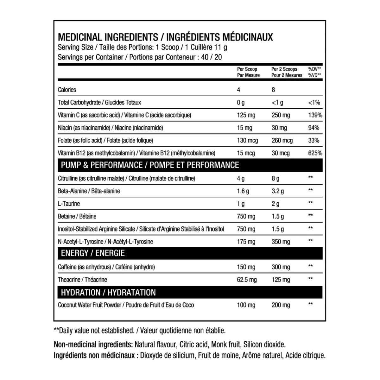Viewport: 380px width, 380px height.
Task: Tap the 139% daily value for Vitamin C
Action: (315, 115)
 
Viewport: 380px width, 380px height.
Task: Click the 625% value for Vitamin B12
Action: (315, 153)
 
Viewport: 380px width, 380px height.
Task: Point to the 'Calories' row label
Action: (67, 90)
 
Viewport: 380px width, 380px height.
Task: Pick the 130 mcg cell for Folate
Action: (247, 141)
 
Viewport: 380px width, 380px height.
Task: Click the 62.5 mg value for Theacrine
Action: (247, 280)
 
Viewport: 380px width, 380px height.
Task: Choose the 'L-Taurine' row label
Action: (69, 204)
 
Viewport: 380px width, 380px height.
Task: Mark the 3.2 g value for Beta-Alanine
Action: (278, 191)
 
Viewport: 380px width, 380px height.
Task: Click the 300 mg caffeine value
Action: (281, 267)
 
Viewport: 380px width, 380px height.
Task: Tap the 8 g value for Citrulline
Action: (275, 179)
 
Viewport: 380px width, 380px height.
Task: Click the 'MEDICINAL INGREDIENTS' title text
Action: (108, 37)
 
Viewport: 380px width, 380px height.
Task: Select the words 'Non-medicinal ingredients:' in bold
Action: (93, 345)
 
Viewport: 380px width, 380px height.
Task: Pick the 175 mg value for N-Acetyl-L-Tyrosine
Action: (246, 242)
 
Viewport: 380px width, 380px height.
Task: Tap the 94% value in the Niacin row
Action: (313, 128)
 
